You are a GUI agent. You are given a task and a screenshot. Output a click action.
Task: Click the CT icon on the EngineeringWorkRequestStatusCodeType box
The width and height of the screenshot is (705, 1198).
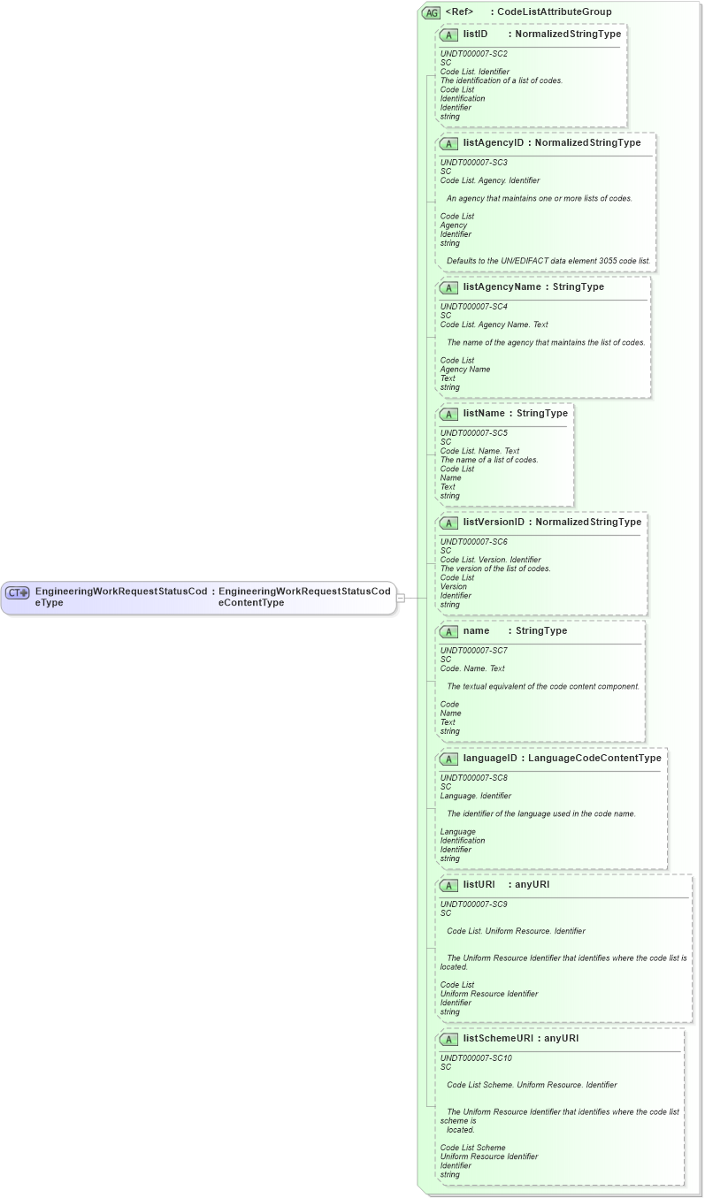(x=18, y=592)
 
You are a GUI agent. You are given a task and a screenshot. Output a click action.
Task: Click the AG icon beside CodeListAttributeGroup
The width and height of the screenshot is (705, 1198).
(x=431, y=12)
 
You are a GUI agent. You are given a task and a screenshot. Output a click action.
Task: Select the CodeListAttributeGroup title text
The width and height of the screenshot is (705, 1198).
(x=554, y=12)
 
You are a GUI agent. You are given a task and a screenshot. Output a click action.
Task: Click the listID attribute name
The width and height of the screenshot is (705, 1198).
(x=475, y=34)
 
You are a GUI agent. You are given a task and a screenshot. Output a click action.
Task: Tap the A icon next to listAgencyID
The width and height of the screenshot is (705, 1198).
(x=448, y=143)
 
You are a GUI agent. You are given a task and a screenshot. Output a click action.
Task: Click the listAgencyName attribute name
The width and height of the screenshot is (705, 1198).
(x=501, y=287)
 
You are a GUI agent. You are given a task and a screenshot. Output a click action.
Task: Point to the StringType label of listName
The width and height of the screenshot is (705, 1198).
(x=542, y=413)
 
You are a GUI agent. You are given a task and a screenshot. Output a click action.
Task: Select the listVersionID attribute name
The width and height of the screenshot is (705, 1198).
(x=494, y=522)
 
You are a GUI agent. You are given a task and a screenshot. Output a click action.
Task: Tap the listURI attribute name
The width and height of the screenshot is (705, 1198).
(x=479, y=884)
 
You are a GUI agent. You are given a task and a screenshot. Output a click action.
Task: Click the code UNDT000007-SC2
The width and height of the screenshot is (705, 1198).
(x=473, y=54)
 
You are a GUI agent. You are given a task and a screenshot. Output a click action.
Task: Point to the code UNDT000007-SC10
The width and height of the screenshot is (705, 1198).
(x=476, y=1058)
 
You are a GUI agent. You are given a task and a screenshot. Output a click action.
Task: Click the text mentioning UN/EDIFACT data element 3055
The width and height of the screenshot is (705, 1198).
(x=548, y=261)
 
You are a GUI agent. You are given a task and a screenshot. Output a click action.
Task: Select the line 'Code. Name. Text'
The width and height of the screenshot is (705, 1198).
(x=472, y=668)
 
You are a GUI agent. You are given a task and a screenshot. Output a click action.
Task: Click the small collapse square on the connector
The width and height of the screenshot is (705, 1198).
(x=401, y=598)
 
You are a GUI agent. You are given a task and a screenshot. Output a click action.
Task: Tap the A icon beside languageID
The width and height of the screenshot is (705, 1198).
(x=448, y=759)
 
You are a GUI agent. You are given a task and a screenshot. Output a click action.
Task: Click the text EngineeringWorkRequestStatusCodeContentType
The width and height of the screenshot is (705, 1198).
(x=304, y=596)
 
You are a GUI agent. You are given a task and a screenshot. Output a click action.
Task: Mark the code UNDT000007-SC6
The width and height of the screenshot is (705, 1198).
(x=473, y=542)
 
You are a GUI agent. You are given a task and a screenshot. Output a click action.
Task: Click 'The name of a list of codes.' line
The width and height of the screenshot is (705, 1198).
(x=488, y=460)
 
